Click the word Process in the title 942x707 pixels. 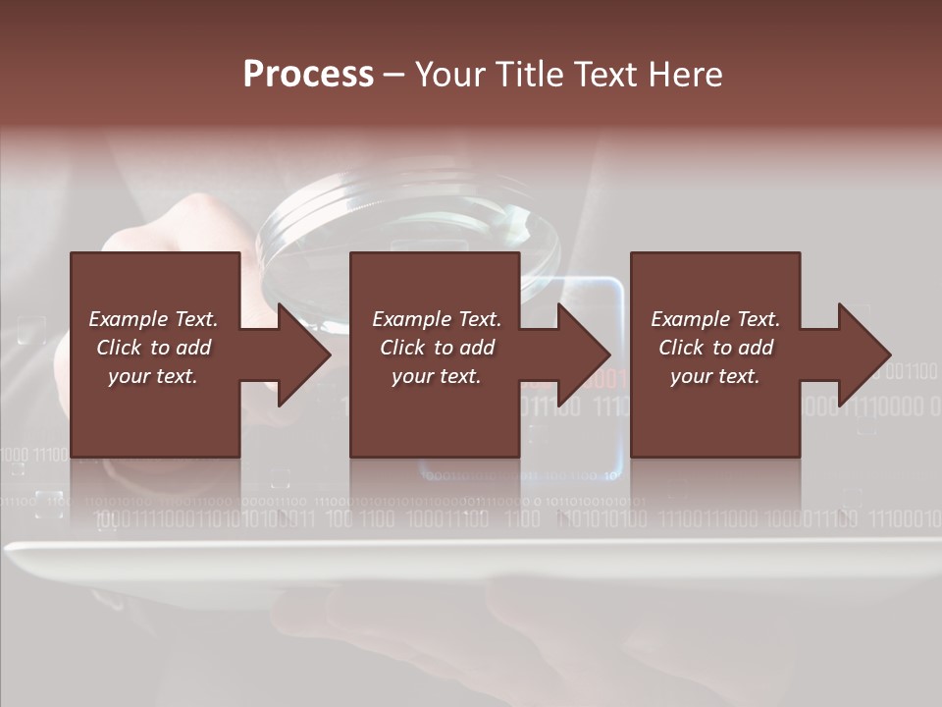308,75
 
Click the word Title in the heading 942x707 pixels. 525,75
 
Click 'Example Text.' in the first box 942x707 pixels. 153,319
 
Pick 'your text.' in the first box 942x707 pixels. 153,376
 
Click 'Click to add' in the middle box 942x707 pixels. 437,348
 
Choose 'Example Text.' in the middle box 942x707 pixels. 437,319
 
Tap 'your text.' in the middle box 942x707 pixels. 437,376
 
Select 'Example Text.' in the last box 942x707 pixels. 715,319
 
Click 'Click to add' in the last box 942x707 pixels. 715,348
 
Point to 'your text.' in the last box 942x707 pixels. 715,376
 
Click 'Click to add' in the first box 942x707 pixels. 153,348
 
